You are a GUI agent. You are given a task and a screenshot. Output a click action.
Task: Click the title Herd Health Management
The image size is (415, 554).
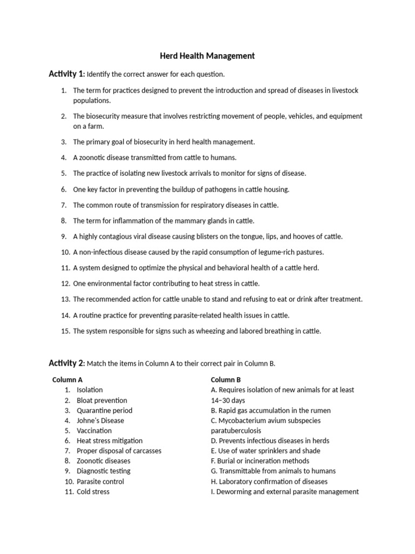pos(207,56)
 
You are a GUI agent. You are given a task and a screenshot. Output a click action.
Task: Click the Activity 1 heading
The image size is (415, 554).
pos(66,74)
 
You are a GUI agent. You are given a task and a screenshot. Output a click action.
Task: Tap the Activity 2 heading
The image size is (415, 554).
pos(66,363)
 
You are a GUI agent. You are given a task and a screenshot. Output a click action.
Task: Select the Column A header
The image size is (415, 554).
pos(68,380)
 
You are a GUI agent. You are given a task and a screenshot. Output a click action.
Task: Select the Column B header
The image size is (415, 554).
pos(226,380)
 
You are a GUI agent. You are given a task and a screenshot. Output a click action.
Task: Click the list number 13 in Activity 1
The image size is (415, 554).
pos(65,299)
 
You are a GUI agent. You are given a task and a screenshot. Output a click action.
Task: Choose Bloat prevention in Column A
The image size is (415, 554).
pos(102,400)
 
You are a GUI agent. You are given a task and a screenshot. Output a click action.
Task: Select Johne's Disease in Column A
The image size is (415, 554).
pos(101,420)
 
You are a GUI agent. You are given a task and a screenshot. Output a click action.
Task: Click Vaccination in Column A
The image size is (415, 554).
pos(95,431)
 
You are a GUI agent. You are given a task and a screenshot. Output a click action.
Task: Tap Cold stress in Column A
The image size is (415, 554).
pos(93,492)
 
